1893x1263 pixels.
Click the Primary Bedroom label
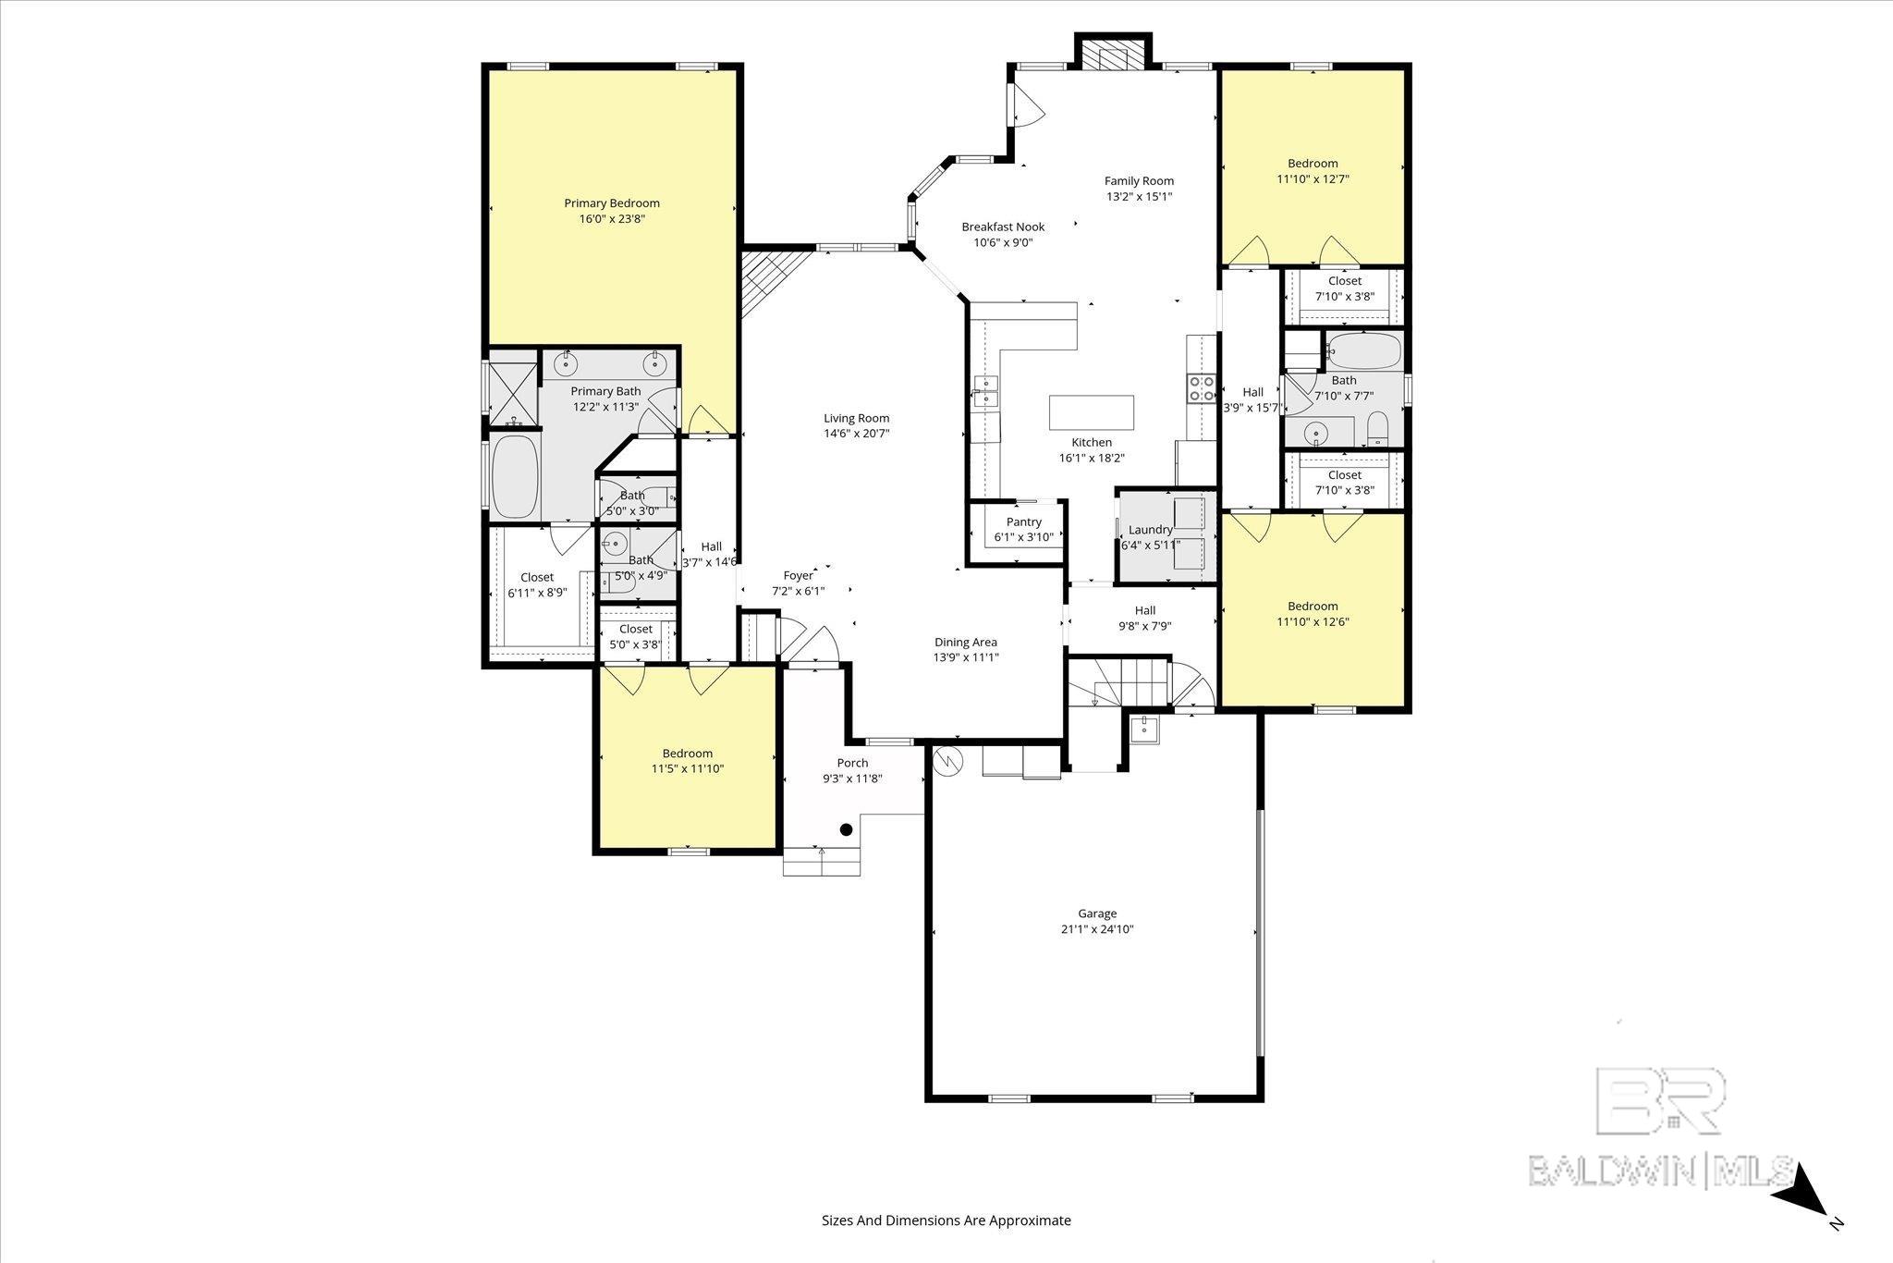click(x=612, y=203)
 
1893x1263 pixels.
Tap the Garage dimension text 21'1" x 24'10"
click(x=1097, y=929)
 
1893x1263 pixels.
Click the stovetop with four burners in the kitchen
click(x=1201, y=388)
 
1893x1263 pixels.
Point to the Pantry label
click(x=1024, y=522)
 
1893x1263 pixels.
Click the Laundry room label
click(x=1150, y=530)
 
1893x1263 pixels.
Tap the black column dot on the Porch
click(x=846, y=829)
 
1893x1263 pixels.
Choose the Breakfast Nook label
click(x=1003, y=227)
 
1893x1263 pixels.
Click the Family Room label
click(x=1139, y=181)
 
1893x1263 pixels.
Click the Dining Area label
click(x=965, y=643)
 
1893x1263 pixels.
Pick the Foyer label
click(x=798, y=576)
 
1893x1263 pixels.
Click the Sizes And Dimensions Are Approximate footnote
click(x=946, y=1220)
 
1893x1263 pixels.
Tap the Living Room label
click(x=856, y=418)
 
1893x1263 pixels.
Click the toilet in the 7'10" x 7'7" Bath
click(x=1377, y=428)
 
